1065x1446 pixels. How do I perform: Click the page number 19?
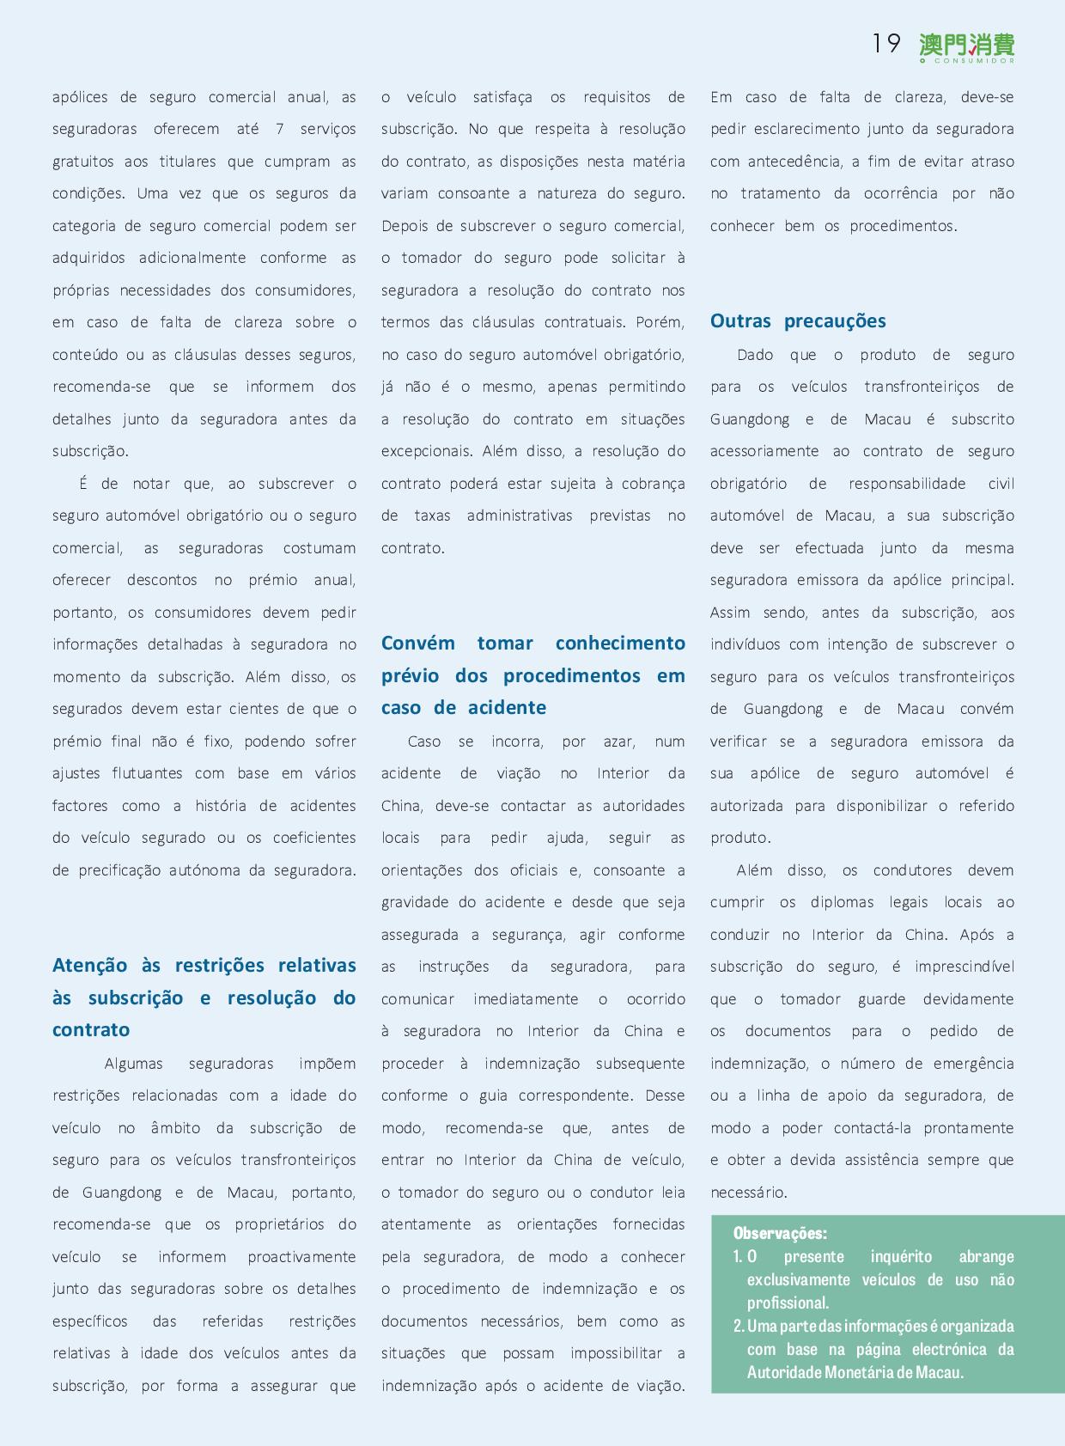tap(885, 43)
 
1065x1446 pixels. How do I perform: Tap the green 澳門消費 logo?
tap(966, 43)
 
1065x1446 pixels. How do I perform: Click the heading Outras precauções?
tap(798, 321)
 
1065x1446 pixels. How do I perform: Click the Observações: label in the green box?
tap(780, 1234)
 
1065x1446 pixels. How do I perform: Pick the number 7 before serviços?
tap(280, 129)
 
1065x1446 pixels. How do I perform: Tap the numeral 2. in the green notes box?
tap(739, 1327)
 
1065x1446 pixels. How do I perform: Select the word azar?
tap(618, 741)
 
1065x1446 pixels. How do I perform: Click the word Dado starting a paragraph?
tap(755, 355)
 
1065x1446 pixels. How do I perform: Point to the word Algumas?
tap(133, 1064)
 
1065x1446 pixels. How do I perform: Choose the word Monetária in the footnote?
tap(858, 1372)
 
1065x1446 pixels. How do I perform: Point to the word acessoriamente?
tap(764, 451)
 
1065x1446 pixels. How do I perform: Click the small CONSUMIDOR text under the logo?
tap(973, 61)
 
